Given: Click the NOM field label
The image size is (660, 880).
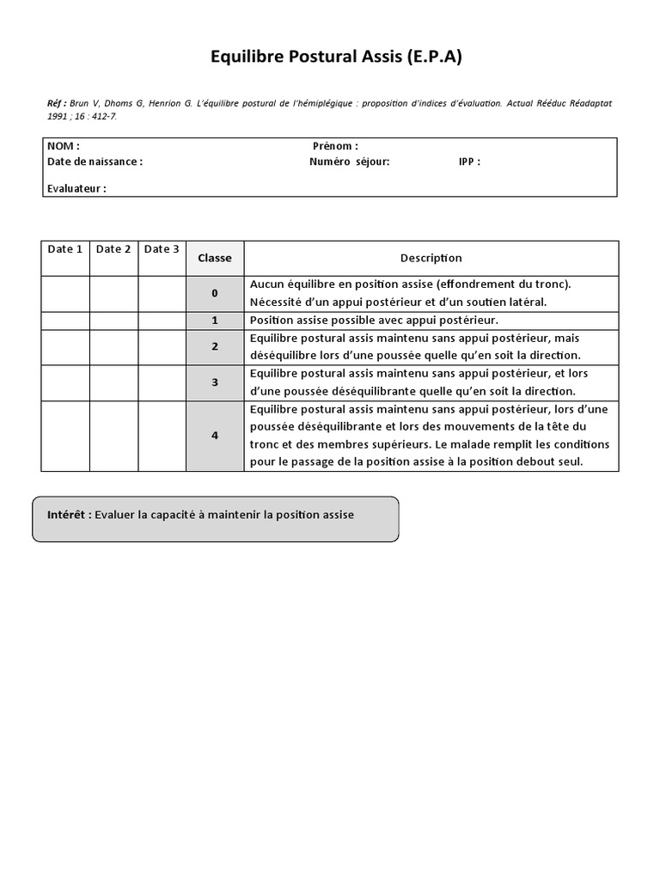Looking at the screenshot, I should coord(64,146).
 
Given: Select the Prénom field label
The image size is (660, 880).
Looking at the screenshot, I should coord(335,146).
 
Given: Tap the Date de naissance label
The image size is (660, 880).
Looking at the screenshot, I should coord(95,161).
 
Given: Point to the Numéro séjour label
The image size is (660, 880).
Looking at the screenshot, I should coord(349,161).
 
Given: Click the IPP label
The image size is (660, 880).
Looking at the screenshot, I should coord(469,161).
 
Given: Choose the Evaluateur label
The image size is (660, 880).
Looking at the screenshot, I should coord(76,188).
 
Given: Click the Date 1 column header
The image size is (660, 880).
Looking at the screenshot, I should coord(65,249).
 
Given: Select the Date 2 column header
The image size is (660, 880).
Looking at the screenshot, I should coord(113,249).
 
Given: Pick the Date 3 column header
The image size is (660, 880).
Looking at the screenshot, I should coord(162,249).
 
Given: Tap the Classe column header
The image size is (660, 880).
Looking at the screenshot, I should coord(215,258).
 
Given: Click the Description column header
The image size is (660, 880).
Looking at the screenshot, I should coord(431,258).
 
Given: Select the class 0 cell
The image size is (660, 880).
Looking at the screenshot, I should coord(215,293).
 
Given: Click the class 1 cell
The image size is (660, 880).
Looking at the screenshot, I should coord(215,320).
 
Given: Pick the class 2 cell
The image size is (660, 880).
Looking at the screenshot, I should coord(215,346).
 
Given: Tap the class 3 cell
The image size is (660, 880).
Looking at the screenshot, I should coord(215,382).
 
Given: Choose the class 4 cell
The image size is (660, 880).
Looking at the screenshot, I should coord(215,436).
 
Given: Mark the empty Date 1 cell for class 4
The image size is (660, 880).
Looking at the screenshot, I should coord(65,436).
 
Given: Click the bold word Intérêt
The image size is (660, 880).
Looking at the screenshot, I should coord(69,515).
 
